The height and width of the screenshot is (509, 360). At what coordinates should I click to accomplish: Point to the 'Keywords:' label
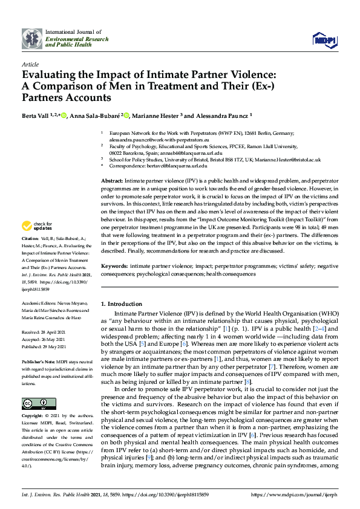tap(114, 266)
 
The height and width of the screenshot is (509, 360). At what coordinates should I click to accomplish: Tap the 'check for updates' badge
tap(37, 226)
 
